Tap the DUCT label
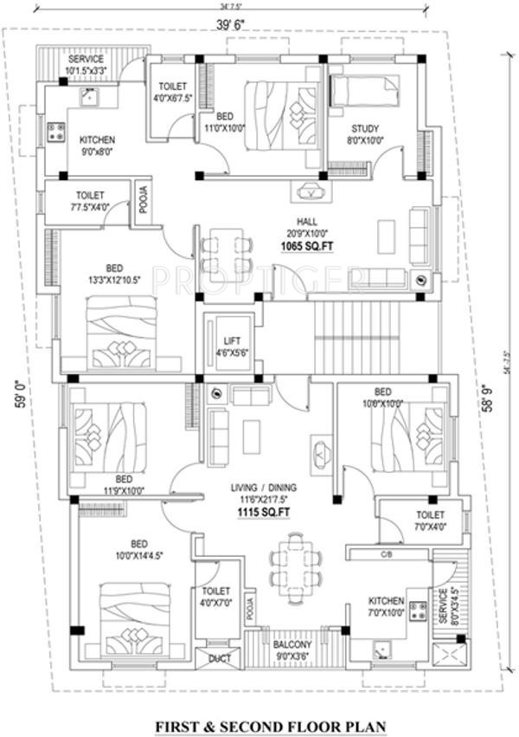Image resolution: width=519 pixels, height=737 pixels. pos(218,659)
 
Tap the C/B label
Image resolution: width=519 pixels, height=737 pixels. pos(387,553)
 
